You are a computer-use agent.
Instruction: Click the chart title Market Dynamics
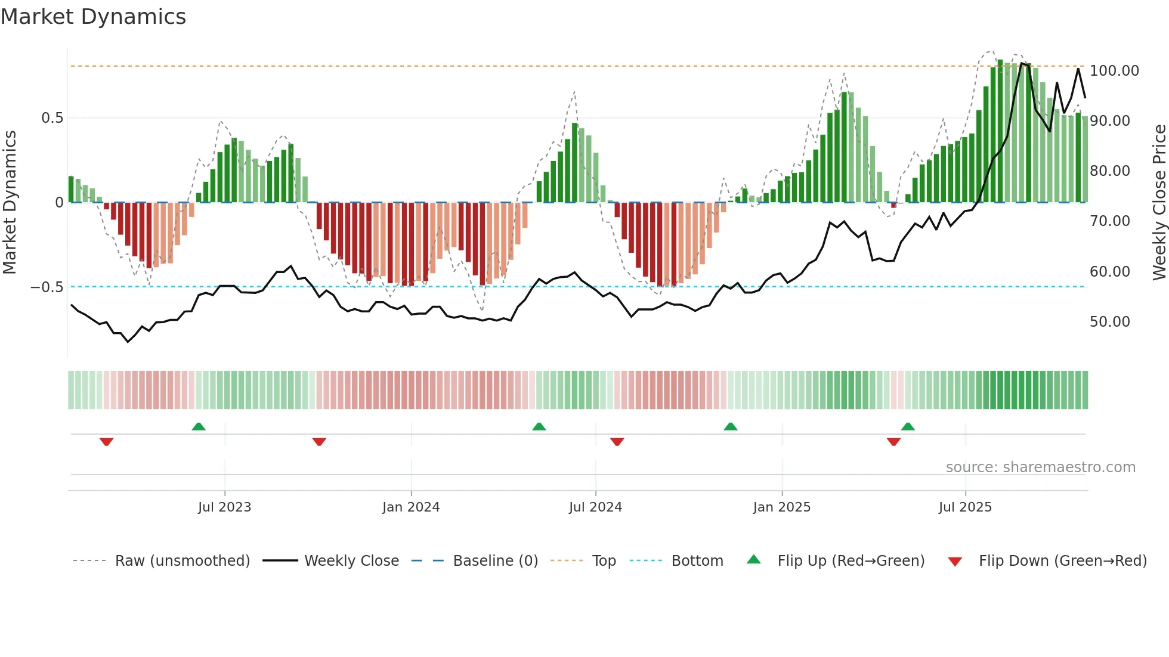pyautogui.click(x=93, y=17)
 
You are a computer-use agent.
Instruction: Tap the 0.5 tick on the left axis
pyautogui.click(x=52, y=118)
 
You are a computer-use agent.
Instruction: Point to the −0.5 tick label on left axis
pyautogui.click(x=47, y=287)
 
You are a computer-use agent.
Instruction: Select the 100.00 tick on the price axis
pyautogui.click(x=1114, y=71)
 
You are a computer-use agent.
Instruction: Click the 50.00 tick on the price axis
pyautogui.click(x=1109, y=322)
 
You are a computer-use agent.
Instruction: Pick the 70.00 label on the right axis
pyautogui.click(x=1109, y=221)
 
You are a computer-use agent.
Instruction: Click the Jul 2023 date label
pyautogui.click(x=224, y=507)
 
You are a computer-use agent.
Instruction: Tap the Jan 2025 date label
pyautogui.click(x=781, y=507)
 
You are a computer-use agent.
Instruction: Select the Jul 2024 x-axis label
pyautogui.click(x=595, y=507)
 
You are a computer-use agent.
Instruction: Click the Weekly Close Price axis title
pyautogui.click(x=1159, y=203)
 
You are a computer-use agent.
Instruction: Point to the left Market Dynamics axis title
pyautogui.click(x=10, y=203)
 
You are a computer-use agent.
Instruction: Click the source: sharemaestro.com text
pyautogui.click(x=1040, y=467)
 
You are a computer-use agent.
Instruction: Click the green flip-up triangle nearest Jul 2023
pyautogui.click(x=199, y=427)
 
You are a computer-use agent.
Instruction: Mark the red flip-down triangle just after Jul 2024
pyautogui.click(x=617, y=442)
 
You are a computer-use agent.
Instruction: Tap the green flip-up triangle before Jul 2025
pyautogui.click(x=908, y=427)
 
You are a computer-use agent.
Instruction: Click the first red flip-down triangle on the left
pyautogui.click(x=107, y=442)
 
